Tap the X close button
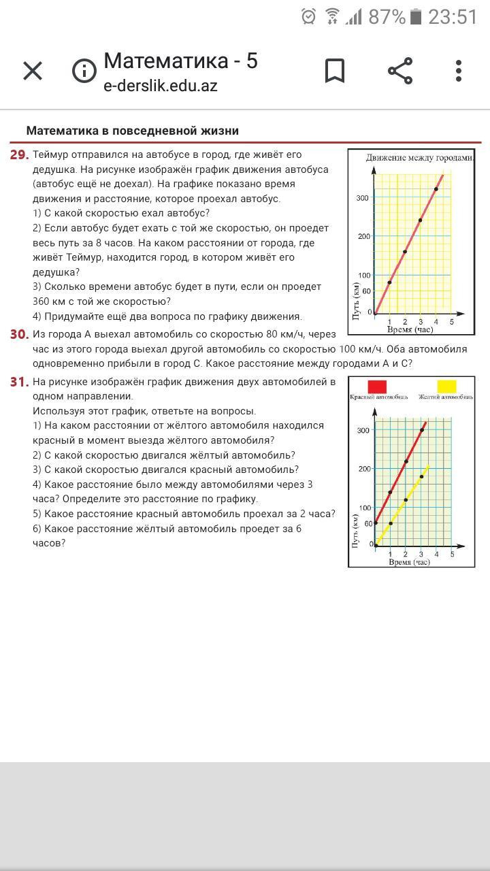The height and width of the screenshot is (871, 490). tap(33, 71)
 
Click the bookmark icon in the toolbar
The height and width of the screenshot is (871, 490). tap(334, 71)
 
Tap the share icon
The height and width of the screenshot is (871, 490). tap(400, 71)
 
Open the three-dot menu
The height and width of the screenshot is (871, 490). tap(459, 71)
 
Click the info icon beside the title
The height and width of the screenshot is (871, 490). tap(84, 71)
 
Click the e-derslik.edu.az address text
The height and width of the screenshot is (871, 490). tap(161, 86)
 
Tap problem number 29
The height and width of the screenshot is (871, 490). tap(19, 155)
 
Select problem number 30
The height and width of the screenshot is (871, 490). tap(19, 334)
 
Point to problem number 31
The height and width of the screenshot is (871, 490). tap(19, 382)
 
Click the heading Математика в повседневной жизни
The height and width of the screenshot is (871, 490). tap(132, 131)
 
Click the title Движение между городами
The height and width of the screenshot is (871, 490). tap(419, 158)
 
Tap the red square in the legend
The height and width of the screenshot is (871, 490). tap(376, 387)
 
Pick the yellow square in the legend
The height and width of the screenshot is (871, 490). tap(446, 387)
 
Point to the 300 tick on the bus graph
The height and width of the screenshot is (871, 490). tap(362, 198)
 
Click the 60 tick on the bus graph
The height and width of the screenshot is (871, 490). tap(365, 291)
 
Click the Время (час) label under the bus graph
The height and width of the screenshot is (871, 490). tap(410, 329)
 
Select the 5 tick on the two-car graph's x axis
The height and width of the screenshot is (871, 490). tap(452, 555)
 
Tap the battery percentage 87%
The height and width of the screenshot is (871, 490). tap(387, 17)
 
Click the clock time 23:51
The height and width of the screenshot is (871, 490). tap(453, 17)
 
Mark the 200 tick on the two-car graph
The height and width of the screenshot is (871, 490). tap(363, 470)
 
